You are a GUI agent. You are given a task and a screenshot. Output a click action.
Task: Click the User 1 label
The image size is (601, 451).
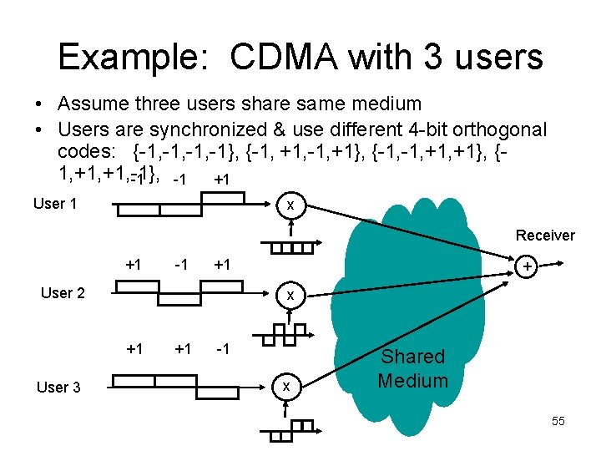tap(55, 203)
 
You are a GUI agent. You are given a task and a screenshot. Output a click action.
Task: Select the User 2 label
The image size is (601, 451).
tap(63, 292)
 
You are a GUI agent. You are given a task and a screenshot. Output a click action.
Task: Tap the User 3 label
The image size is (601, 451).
tap(58, 387)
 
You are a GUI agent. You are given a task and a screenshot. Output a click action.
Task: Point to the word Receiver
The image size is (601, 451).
tap(545, 236)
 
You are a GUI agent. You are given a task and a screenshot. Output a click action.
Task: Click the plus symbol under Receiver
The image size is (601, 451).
tap(527, 266)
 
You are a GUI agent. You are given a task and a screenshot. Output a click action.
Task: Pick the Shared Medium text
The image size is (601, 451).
tap(412, 368)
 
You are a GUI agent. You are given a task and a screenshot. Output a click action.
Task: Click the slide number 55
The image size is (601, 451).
tap(558, 421)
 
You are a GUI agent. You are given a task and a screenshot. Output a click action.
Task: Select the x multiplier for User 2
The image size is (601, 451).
tap(290, 295)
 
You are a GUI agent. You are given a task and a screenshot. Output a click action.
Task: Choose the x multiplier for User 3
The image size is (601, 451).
tap(286, 386)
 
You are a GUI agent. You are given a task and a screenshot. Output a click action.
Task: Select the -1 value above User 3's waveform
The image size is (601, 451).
tap(223, 347)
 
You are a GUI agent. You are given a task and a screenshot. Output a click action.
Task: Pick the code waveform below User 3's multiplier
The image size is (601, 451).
tap(286, 430)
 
